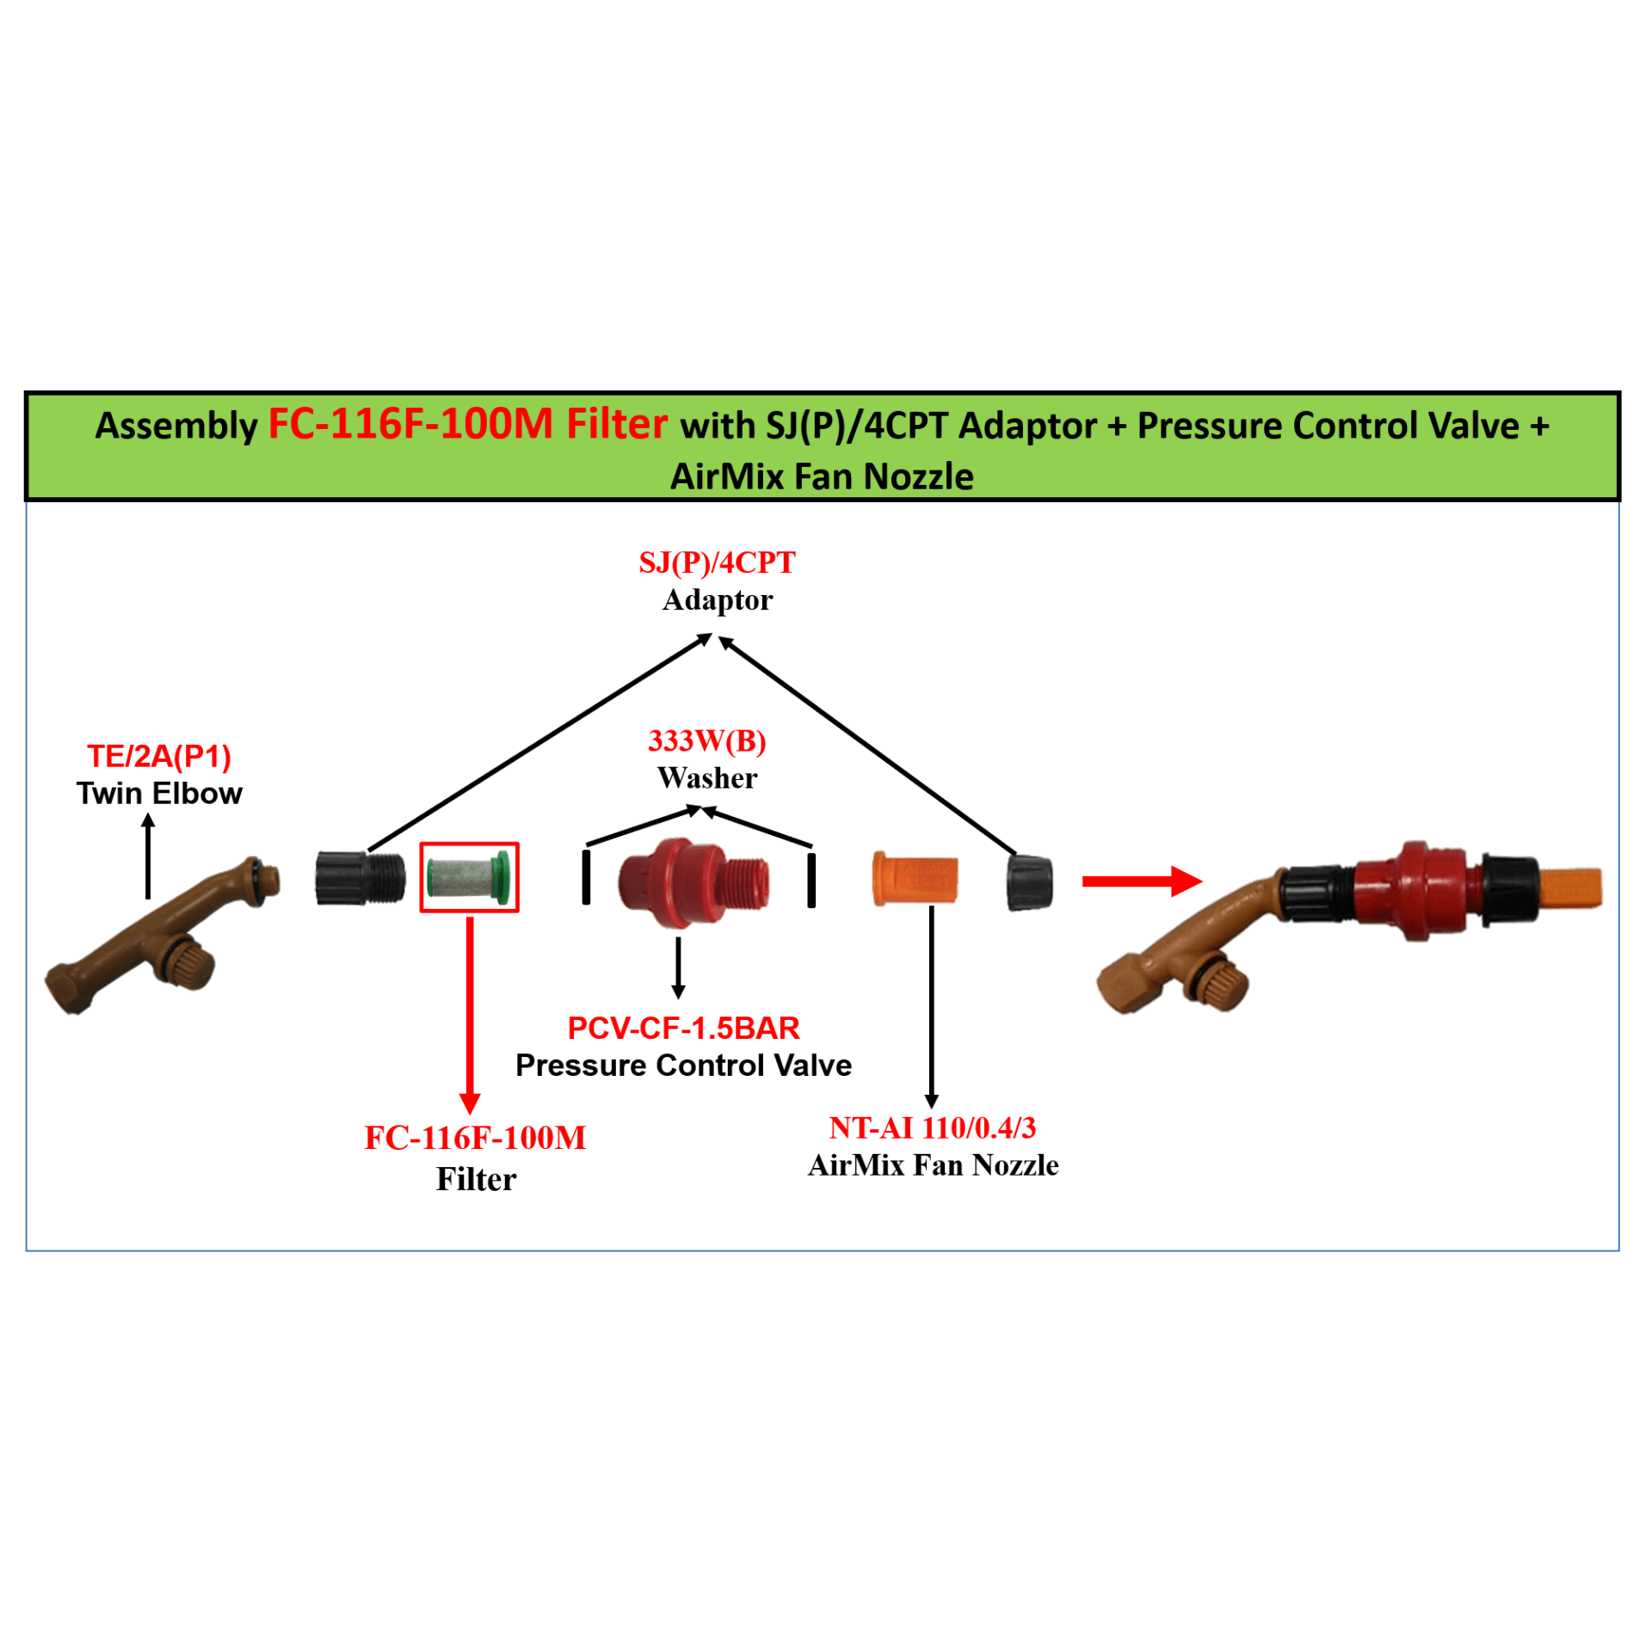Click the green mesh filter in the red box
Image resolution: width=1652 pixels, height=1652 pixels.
click(x=467, y=878)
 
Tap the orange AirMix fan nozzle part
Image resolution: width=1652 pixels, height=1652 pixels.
click(x=914, y=879)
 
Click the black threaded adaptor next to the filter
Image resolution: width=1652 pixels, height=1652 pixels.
click(x=359, y=878)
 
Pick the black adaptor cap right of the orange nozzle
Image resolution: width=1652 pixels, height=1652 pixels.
click(x=1029, y=882)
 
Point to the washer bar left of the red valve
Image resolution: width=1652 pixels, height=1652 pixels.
click(x=586, y=877)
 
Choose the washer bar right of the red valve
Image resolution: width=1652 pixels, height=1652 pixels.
click(x=811, y=880)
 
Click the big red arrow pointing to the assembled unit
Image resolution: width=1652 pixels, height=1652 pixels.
click(x=1141, y=881)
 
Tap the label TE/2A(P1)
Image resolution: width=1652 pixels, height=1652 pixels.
click(x=159, y=756)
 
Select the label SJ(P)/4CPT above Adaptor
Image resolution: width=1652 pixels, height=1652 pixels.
click(x=717, y=562)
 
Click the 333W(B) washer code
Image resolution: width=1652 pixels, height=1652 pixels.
click(x=706, y=740)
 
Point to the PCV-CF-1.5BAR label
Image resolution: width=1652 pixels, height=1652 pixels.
click(x=683, y=1028)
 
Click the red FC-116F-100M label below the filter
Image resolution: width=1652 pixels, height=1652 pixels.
click(x=475, y=1138)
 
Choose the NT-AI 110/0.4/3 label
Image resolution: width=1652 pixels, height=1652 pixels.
click(x=932, y=1127)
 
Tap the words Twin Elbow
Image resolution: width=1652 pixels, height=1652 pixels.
click(x=159, y=793)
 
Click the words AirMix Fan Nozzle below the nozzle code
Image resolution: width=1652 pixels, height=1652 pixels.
click(x=933, y=1165)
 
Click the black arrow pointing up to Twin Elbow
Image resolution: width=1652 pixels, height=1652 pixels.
click(x=148, y=856)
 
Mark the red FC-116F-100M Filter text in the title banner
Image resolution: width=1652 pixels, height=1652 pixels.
click(x=467, y=424)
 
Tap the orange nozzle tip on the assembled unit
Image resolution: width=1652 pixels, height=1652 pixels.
click(x=1569, y=887)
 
